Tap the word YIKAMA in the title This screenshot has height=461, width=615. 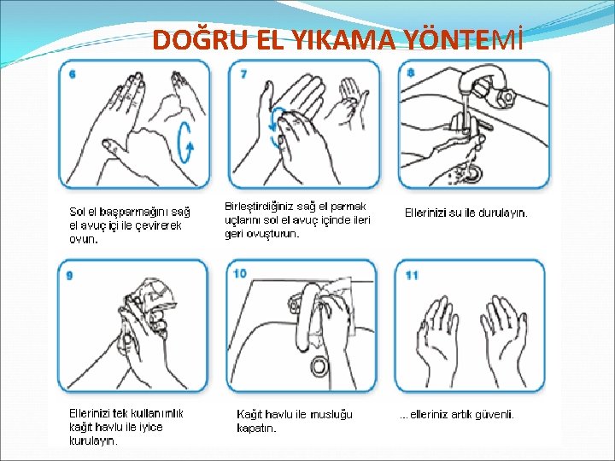click(x=345, y=40)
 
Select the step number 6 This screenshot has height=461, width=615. click(x=72, y=74)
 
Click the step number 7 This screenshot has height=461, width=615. click(x=243, y=74)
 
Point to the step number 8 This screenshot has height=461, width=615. click(x=411, y=73)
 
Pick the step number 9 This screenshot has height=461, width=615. click(x=70, y=276)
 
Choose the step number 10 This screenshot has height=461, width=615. click(x=240, y=273)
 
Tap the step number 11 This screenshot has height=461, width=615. click(x=412, y=276)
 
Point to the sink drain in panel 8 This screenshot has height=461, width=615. click(x=471, y=172)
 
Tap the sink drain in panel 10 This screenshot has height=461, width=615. click(x=320, y=365)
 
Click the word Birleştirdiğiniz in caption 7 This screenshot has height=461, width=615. click(x=259, y=207)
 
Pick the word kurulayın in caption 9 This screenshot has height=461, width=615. click(x=93, y=441)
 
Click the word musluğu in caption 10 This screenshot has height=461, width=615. click(x=331, y=415)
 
